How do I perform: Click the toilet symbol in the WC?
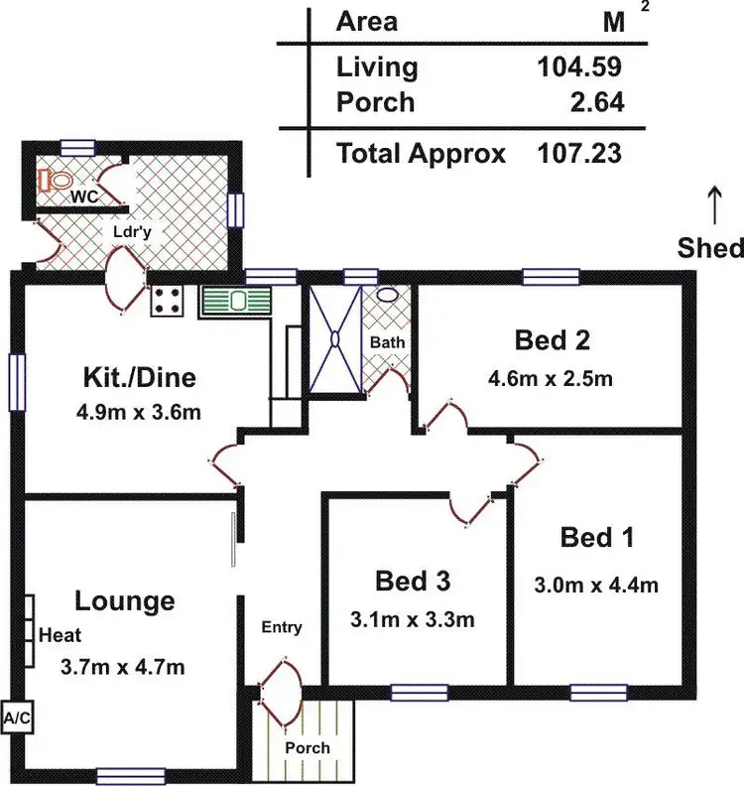pyautogui.click(x=56, y=181)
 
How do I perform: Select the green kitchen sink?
pyautogui.click(x=234, y=301)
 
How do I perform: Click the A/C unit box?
pyautogui.click(x=15, y=717)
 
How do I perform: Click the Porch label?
pyautogui.click(x=307, y=747)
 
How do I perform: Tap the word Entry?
pyautogui.click(x=282, y=627)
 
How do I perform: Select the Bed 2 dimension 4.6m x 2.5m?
pyautogui.click(x=550, y=378)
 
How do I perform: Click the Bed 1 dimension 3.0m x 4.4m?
pyautogui.click(x=596, y=585)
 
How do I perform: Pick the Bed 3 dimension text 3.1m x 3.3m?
pyautogui.click(x=411, y=621)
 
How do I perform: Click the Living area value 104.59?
pyautogui.click(x=580, y=67)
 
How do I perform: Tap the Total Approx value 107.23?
pyautogui.click(x=580, y=154)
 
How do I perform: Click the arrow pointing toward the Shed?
pyautogui.click(x=711, y=206)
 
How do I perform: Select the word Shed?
pyautogui.click(x=710, y=248)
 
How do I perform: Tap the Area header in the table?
pyautogui.click(x=366, y=22)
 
